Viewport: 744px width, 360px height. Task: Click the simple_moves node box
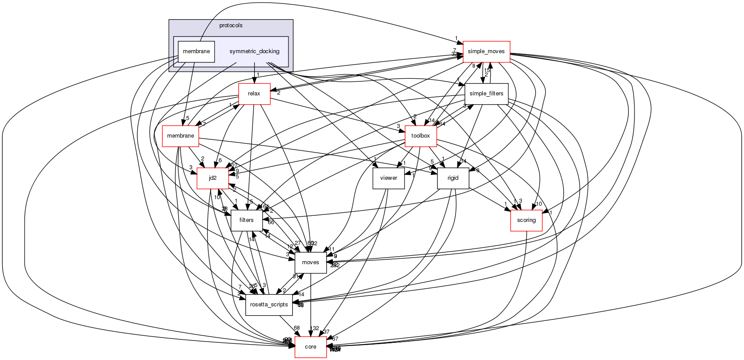pos(486,51)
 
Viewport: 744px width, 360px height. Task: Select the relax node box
pos(254,94)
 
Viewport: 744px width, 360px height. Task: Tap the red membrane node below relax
pos(181,136)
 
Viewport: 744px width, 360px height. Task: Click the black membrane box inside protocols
pos(196,51)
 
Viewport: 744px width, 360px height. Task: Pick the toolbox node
pos(420,136)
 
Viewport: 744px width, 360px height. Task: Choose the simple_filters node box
pos(486,94)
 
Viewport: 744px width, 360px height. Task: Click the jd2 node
pos(212,178)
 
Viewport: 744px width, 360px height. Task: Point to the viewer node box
pos(388,178)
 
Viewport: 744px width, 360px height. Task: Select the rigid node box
pos(453,178)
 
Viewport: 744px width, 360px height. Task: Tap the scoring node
pos(526,220)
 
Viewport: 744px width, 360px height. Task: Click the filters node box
pos(246,220)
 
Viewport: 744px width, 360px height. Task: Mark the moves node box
pos(310,262)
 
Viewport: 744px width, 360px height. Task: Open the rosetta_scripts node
pos(269,305)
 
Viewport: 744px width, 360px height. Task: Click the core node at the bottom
pos(310,347)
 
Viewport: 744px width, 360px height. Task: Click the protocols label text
pos(231,25)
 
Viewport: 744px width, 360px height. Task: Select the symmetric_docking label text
pos(254,51)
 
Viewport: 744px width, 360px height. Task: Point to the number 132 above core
pos(314,328)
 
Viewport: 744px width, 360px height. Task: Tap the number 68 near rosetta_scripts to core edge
pos(297,328)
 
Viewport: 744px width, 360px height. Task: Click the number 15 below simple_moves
pos(487,70)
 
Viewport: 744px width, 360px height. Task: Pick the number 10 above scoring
pos(539,204)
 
